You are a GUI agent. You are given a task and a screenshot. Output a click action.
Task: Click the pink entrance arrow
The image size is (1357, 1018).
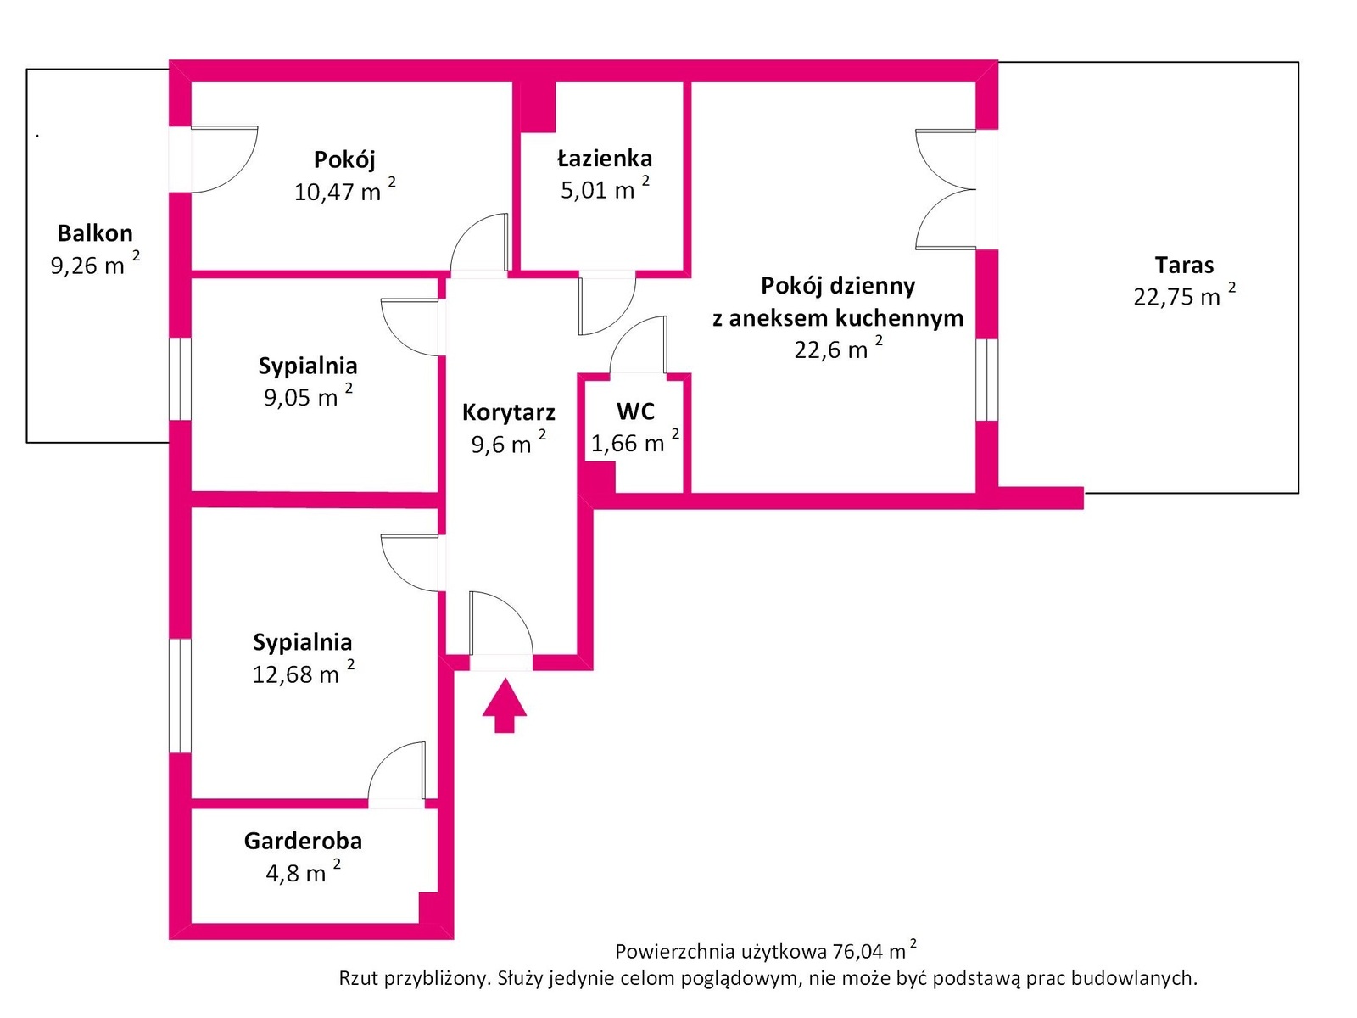tap(505, 705)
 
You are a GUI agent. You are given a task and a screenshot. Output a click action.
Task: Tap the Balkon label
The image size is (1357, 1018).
tap(95, 233)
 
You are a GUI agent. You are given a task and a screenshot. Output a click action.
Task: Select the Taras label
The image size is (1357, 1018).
tap(1184, 266)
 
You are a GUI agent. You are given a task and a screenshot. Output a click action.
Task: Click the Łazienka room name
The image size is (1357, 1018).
tap(605, 159)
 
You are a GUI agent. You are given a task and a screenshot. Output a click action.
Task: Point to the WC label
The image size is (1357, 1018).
tap(635, 411)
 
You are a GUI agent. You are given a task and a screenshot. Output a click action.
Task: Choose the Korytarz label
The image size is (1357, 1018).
tap(509, 413)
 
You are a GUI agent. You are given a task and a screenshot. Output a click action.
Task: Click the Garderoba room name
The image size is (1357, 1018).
tap(303, 841)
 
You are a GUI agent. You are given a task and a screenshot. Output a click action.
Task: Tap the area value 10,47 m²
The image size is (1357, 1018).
tap(344, 191)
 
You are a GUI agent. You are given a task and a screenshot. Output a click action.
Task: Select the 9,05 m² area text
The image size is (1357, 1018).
tap(308, 396)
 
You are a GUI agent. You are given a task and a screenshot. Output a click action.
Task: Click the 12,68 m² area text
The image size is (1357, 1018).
tap(303, 674)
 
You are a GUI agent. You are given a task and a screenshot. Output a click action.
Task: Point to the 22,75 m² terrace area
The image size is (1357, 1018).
tap(1184, 296)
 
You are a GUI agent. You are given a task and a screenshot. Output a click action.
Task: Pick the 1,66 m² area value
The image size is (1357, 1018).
tap(634, 443)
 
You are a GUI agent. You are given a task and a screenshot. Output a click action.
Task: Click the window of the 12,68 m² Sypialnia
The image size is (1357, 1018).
tap(180, 696)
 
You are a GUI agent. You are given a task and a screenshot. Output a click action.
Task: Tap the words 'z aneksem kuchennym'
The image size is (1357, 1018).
tap(838, 318)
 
